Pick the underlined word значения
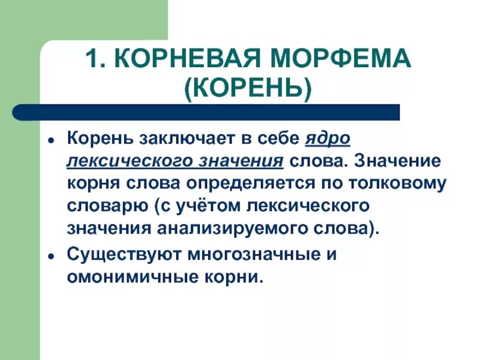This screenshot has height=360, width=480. click(x=238, y=161)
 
